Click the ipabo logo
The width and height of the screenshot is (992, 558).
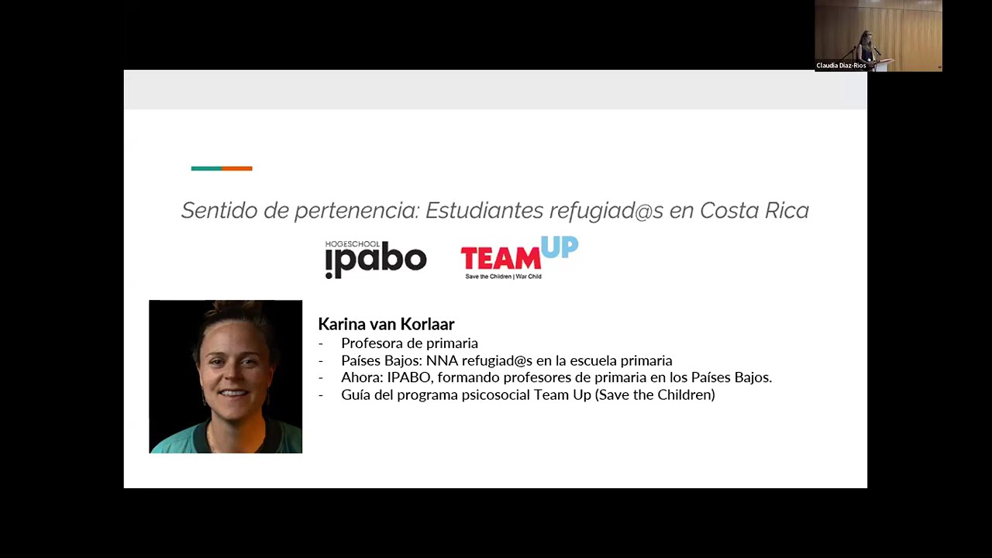(x=376, y=260)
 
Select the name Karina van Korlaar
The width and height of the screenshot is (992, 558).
(x=386, y=324)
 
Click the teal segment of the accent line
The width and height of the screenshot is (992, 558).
(x=206, y=168)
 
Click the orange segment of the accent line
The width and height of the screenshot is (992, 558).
(x=237, y=168)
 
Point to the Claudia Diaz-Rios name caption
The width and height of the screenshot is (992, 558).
(x=841, y=66)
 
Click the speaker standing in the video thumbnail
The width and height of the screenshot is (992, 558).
(x=866, y=46)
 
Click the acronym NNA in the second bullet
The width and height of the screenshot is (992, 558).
(x=442, y=361)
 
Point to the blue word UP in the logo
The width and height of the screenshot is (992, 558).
(x=560, y=247)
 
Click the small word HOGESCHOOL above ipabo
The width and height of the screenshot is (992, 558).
(x=353, y=245)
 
